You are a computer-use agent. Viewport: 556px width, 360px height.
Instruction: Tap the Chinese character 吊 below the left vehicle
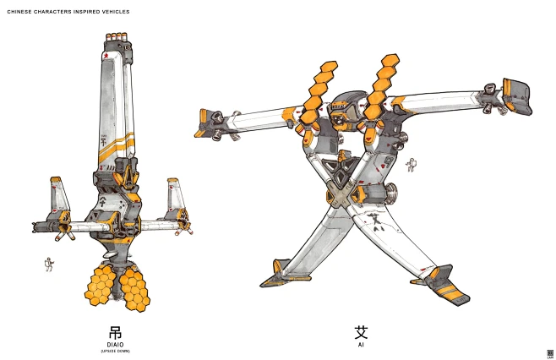click(116, 332)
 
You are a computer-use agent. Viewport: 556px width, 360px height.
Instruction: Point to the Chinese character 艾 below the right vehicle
click(361, 332)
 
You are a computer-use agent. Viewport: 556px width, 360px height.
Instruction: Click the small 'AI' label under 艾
click(361, 345)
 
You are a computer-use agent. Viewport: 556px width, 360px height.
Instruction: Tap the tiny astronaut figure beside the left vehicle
click(48, 265)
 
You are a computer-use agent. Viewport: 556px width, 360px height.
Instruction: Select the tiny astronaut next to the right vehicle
click(412, 165)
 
